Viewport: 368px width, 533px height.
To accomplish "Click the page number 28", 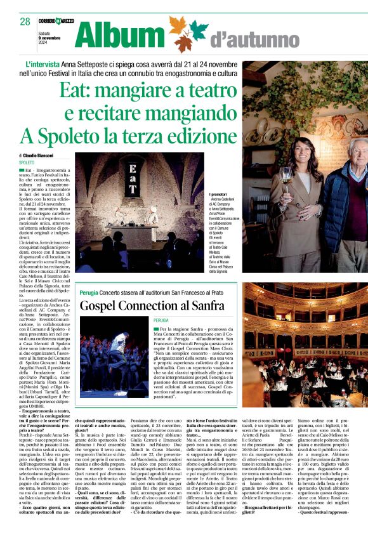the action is (x=25, y=21).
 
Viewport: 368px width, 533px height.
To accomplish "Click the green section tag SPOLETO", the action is (x=27, y=163).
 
